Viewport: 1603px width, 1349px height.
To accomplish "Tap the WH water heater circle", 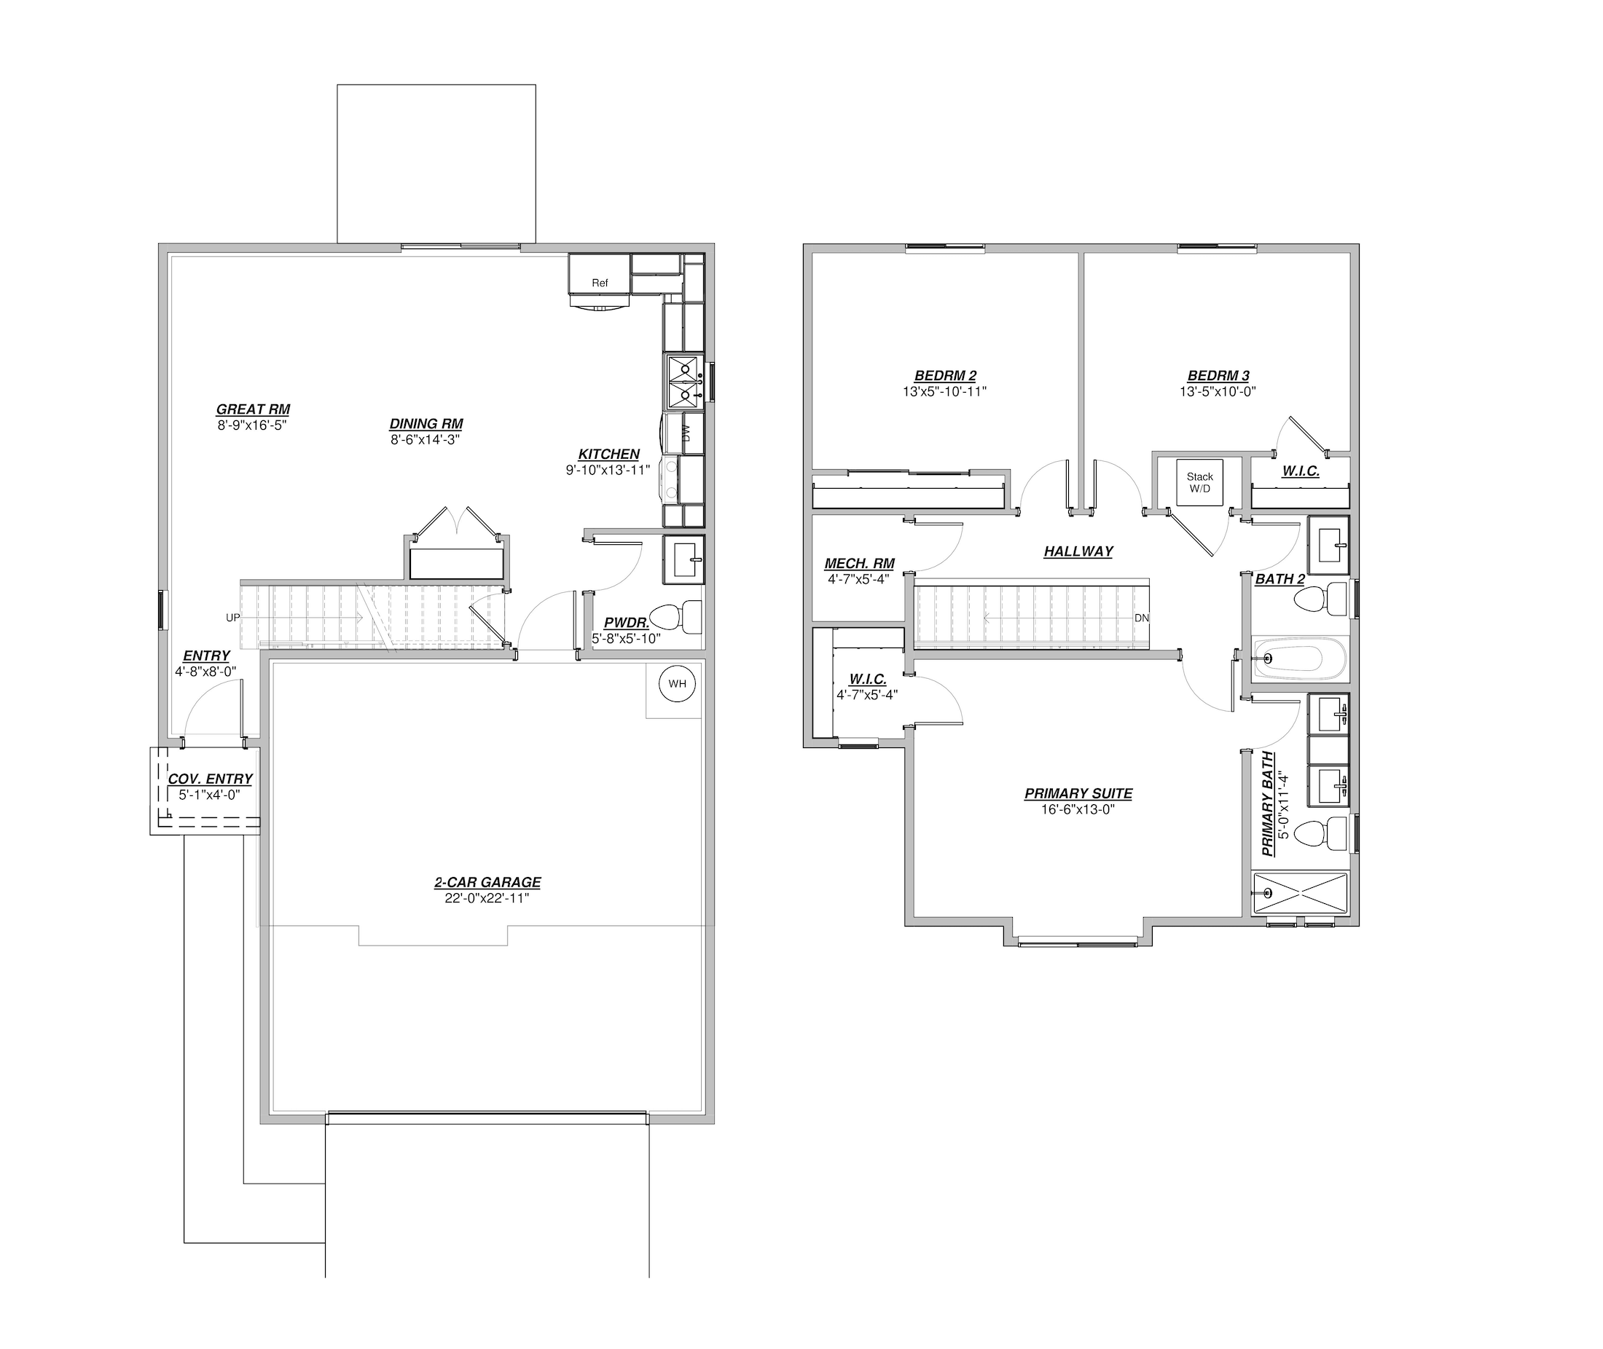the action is [678, 684].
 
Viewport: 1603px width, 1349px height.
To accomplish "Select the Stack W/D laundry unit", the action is [1199, 481].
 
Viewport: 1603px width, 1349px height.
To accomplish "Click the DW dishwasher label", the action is [686, 433].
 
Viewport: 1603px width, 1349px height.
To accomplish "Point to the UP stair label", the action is [232, 617].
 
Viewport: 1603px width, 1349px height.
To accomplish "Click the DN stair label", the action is [1141, 618].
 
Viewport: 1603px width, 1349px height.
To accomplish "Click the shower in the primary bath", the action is [1300, 893].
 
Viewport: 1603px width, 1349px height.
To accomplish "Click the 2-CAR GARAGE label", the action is [488, 882].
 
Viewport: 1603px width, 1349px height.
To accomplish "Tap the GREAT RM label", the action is [253, 409].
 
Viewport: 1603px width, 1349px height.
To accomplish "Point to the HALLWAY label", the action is [1078, 551].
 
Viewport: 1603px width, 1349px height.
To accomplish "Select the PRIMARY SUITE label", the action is [1078, 794].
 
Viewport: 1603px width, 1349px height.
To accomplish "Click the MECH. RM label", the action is [860, 564].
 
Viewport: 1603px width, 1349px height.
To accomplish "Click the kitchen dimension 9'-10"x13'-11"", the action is [608, 471].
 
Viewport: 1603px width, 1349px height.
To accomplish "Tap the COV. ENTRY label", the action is [211, 779].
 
